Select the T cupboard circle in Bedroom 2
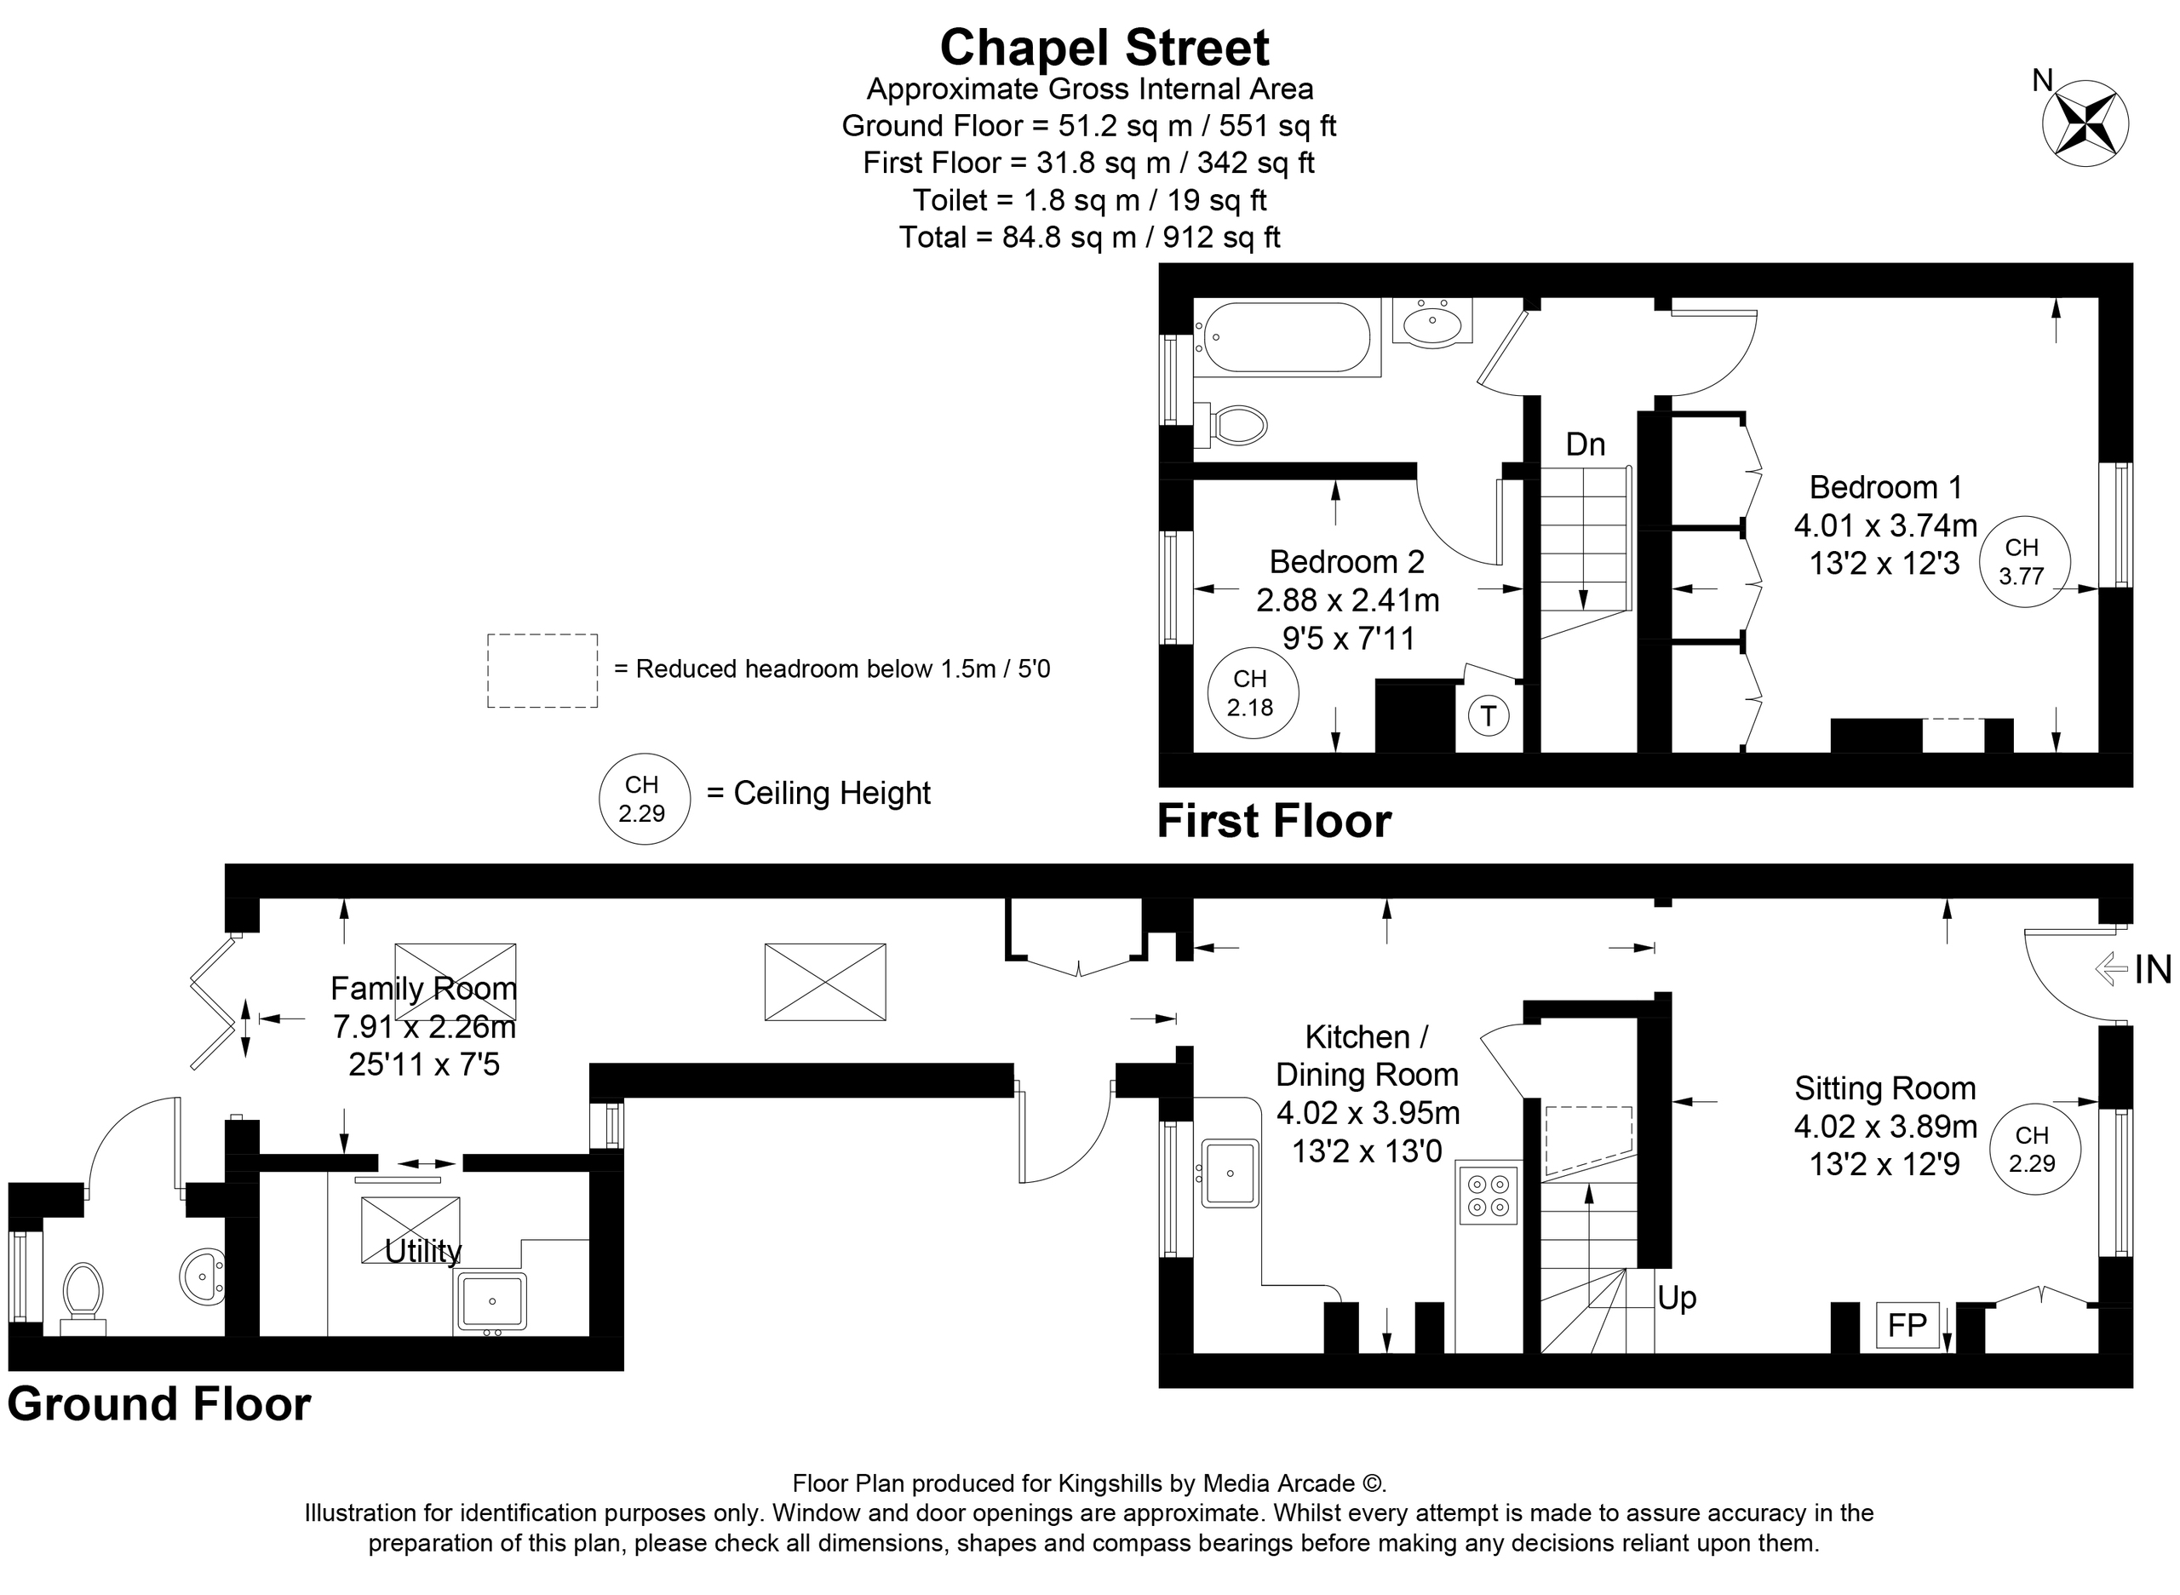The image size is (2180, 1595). coord(1488,716)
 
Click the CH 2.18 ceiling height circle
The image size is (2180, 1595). coord(1252,693)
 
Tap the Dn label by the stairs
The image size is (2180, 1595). coord(1584,445)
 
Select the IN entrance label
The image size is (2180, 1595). coord(2151,968)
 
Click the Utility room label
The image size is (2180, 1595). coord(423,1251)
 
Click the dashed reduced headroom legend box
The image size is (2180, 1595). coord(542,670)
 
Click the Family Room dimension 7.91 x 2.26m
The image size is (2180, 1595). coord(424,1026)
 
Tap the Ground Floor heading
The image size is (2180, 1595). coord(159,1404)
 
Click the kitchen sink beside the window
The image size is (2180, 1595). coord(1230,1173)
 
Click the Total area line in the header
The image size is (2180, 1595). coord(1089,238)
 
